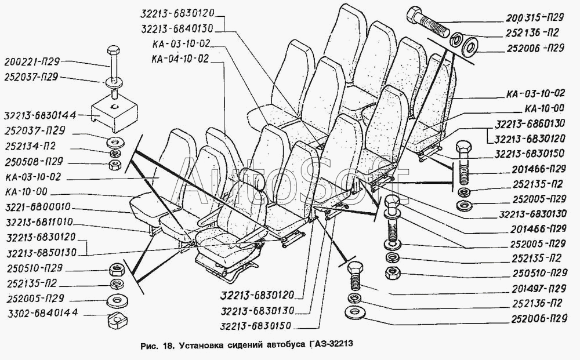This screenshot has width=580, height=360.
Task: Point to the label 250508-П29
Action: tap(32, 161)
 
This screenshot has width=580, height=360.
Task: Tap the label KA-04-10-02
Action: tap(179, 58)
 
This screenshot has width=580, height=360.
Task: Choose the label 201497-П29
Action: tap(539, 288)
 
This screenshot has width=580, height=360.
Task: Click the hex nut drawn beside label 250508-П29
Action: tap(115, 166)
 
